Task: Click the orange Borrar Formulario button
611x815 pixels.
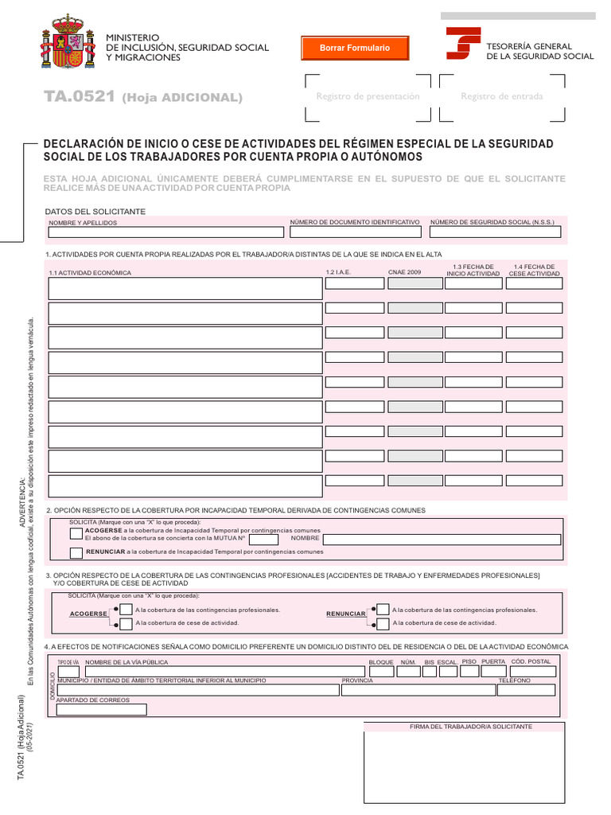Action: [x=354, y=49]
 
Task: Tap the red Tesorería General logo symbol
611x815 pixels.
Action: [x=462, y=44]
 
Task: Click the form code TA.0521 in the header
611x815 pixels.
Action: [x=80, y=97]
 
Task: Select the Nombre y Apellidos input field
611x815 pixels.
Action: [x=166, y=233]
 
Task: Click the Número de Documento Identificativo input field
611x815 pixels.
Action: [x=356, y=233]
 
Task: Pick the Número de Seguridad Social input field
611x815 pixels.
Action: [x=495, y=233]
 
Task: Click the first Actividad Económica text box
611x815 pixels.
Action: [x=185, y=288]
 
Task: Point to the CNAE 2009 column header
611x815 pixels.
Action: [x=405, y=273]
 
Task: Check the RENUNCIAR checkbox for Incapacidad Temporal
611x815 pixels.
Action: [x=76, y=552]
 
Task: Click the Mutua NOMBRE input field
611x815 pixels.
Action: [x=441, y=540]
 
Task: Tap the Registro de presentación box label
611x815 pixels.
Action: [x=368, y=96]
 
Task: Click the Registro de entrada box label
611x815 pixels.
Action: [x=502, y=96]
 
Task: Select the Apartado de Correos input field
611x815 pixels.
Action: [x=101, y=710]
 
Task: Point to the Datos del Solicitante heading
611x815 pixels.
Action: [x=95, y=212]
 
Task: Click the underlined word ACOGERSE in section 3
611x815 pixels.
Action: [x=88, y=614]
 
